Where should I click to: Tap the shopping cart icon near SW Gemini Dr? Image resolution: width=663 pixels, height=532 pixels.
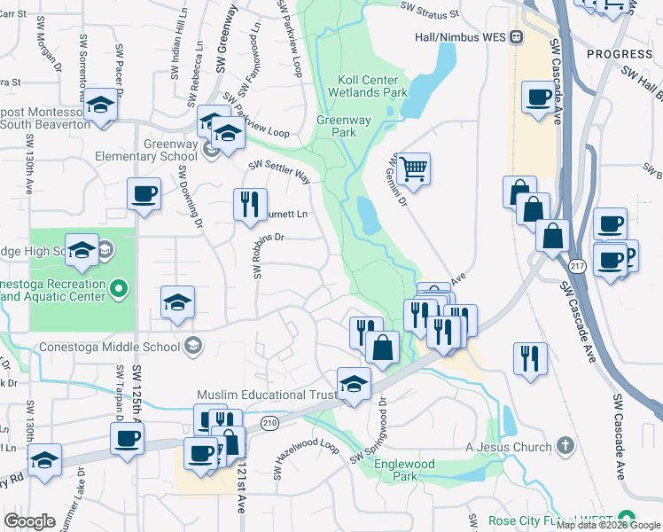[x=413, y=168]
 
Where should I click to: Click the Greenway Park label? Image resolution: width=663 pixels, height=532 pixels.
[x=337, y=126]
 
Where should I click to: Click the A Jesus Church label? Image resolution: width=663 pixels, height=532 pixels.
[x=509, y=447]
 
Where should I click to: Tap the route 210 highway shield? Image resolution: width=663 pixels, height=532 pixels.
[x=269, y=424]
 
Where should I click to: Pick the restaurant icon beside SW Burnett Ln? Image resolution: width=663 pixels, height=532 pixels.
[x=249, y=204]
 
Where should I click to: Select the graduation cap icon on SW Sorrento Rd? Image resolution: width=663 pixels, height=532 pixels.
[x=101, y=106]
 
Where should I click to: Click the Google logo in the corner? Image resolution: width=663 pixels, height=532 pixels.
[x=30, y=521]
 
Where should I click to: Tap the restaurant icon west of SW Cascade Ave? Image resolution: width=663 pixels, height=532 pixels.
[x=530, y=358]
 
